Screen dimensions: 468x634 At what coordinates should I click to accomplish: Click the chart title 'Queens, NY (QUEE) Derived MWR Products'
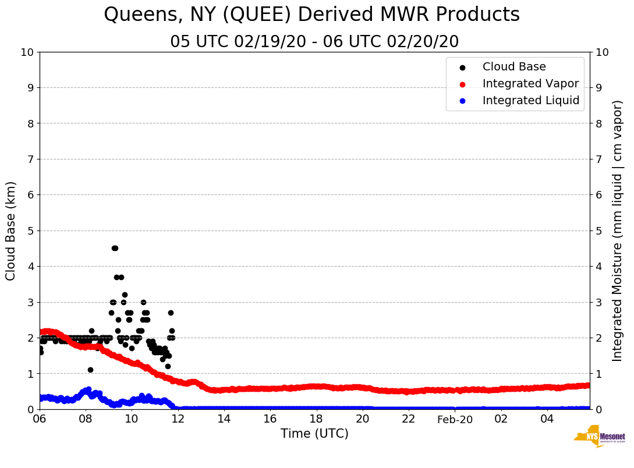click(311, 15)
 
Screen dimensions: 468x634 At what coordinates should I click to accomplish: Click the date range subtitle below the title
click(314, 42)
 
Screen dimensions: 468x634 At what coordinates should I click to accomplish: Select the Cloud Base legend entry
click(514, 67)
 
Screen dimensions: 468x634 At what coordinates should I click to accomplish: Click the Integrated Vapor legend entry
click(530, 84)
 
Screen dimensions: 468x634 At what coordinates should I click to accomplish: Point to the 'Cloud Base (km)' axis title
click(11, 231)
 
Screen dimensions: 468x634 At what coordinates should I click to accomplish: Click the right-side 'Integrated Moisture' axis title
click(618, 231)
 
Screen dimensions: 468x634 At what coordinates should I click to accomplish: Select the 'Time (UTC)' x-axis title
click(314, 434)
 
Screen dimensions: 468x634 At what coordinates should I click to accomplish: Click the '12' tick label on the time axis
click(178, 419)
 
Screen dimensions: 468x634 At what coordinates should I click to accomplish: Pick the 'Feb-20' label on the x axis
click(455, 420)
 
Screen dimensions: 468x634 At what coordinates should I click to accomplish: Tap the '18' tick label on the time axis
click(316, 419)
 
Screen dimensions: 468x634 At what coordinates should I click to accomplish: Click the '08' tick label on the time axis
click(86, 419)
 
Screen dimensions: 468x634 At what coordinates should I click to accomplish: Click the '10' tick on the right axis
click(602, 52)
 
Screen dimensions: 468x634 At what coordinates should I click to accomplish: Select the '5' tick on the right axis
click(599, 231)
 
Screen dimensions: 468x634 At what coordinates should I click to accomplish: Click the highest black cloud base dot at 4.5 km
click(115, 248)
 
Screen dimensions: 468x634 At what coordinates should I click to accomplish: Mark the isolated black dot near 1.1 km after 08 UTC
click(90, 370)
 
